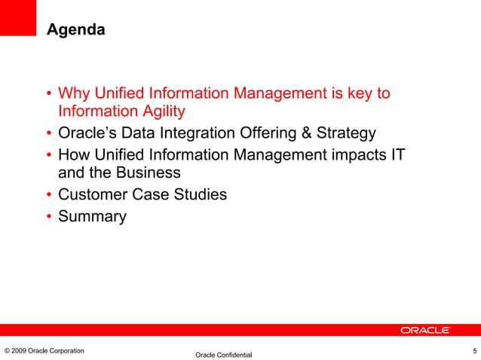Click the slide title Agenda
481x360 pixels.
click(x=75, y=30)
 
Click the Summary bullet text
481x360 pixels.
click(x=93, y=217)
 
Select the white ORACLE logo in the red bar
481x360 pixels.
click(x=425, y=330)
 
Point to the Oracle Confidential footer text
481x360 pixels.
click(x=223, y=355)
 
